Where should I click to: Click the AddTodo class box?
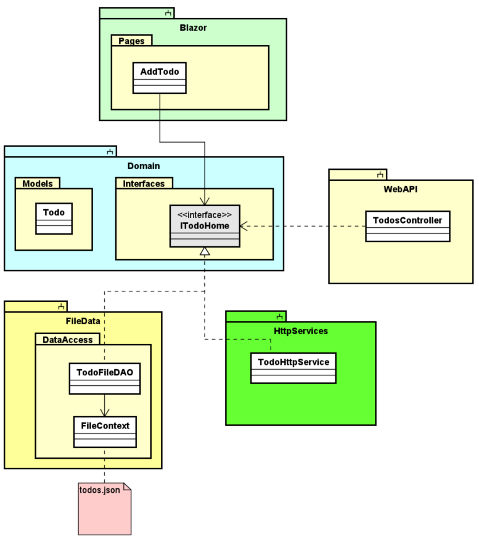(159, 77)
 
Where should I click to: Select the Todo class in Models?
(54, 218)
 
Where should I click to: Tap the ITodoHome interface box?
(205, 226)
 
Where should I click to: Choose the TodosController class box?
(407, 226)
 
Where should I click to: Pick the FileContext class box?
(105, 432)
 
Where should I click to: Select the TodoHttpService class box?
(293, 367)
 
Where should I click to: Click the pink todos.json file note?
(105, 509)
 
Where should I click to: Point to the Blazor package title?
(193, 28)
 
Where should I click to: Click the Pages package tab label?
(131, 41)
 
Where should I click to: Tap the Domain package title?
(144, 165)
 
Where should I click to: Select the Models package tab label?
(38, 183)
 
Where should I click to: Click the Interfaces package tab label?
(144, 183)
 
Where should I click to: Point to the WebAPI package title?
(400, 189)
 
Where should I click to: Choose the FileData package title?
(83, 321)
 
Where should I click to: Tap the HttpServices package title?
(300, 331)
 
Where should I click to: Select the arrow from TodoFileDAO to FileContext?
(105, 405)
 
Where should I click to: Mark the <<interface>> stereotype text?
(205, 215)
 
